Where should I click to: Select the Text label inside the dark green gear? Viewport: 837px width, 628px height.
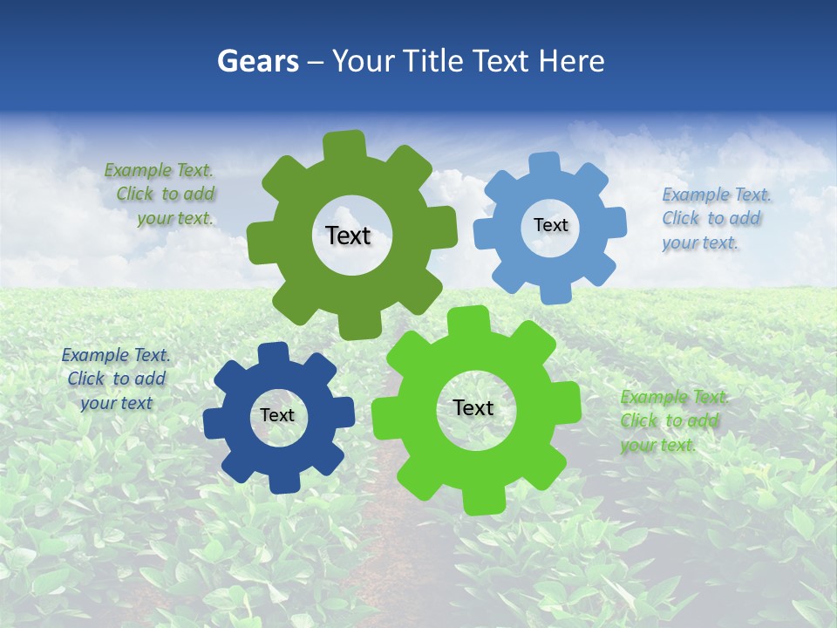click(348, 235)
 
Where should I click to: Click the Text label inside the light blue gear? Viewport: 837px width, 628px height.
click(550, 225)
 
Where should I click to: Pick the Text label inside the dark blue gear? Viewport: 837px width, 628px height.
click(277, 415)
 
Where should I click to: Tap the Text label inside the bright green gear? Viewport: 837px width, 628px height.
click(473, 407)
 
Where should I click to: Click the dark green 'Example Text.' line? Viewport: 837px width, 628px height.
click(159, 170)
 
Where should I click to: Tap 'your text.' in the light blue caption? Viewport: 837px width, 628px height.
click(699, 242)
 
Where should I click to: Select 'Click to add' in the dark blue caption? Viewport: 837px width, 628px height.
click(117, 379)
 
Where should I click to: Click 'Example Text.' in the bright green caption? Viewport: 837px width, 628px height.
click(674, 397)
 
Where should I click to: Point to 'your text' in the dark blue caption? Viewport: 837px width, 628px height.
click(116, 403)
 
